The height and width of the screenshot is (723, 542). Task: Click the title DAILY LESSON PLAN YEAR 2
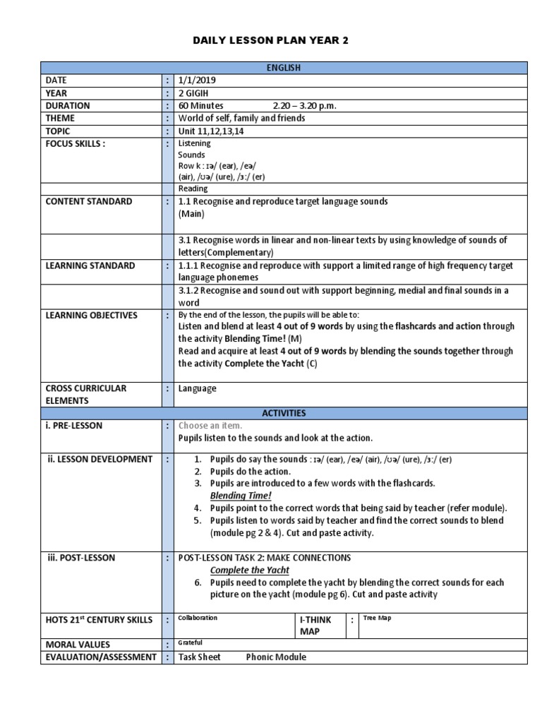coord(271,41)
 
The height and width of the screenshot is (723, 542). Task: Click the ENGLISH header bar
coord(284,68)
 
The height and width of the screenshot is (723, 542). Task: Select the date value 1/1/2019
coord(198,80)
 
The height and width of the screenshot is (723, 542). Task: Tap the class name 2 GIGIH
coord(195,93)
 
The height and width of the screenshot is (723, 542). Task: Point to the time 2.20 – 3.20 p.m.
coord(299,106)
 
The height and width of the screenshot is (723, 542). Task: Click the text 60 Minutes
coord(200,106)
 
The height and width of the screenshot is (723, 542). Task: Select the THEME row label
coord(61,119)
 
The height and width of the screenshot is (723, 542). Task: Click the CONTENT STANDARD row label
coord(88,201)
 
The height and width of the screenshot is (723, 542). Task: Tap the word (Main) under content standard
coord(191,213)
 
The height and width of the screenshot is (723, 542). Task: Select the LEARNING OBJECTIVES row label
coord(92,315)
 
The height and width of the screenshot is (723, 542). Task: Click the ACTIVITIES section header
coord(284,413)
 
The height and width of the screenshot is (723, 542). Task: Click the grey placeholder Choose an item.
coord(210,426)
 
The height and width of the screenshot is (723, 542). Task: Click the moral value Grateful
coord(190,643)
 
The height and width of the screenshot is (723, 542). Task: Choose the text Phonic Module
coord(276,657)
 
